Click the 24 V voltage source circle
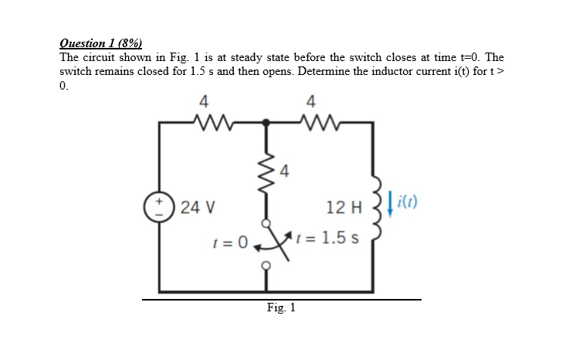(159, 207)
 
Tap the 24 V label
(198, 208)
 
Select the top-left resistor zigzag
(212, 122)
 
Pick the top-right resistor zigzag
(319, 122)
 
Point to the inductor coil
(377, 209)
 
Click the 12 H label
(344, 208)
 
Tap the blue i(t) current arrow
(391, 204)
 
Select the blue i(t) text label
(407, 202)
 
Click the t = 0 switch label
(230, 242)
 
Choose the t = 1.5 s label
(327, 238)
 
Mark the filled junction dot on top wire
(266, 122)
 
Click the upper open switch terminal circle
(266, 223)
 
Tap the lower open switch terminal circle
(266, 266)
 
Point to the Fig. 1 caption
(281, 308)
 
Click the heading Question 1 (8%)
(101, 43)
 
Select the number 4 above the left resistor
(204, 102)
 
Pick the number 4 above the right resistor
(311, 102)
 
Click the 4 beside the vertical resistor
(284, 171)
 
